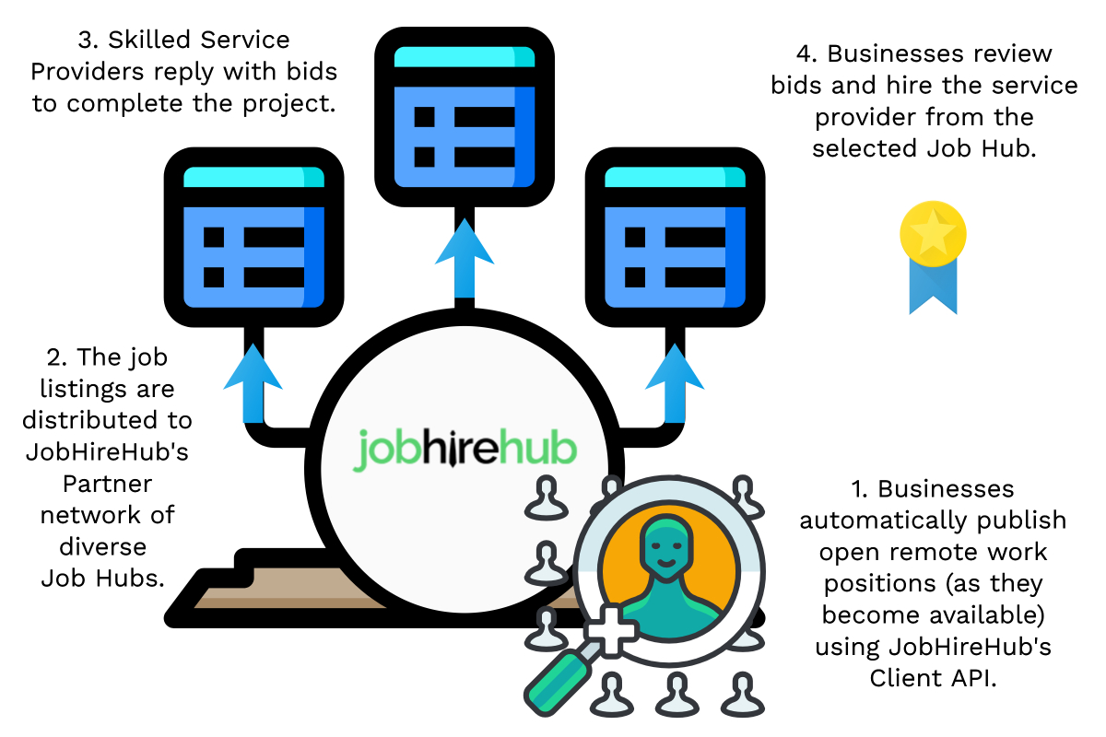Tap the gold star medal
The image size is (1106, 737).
coord(933,234)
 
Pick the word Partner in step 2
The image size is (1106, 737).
coord(108,483)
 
